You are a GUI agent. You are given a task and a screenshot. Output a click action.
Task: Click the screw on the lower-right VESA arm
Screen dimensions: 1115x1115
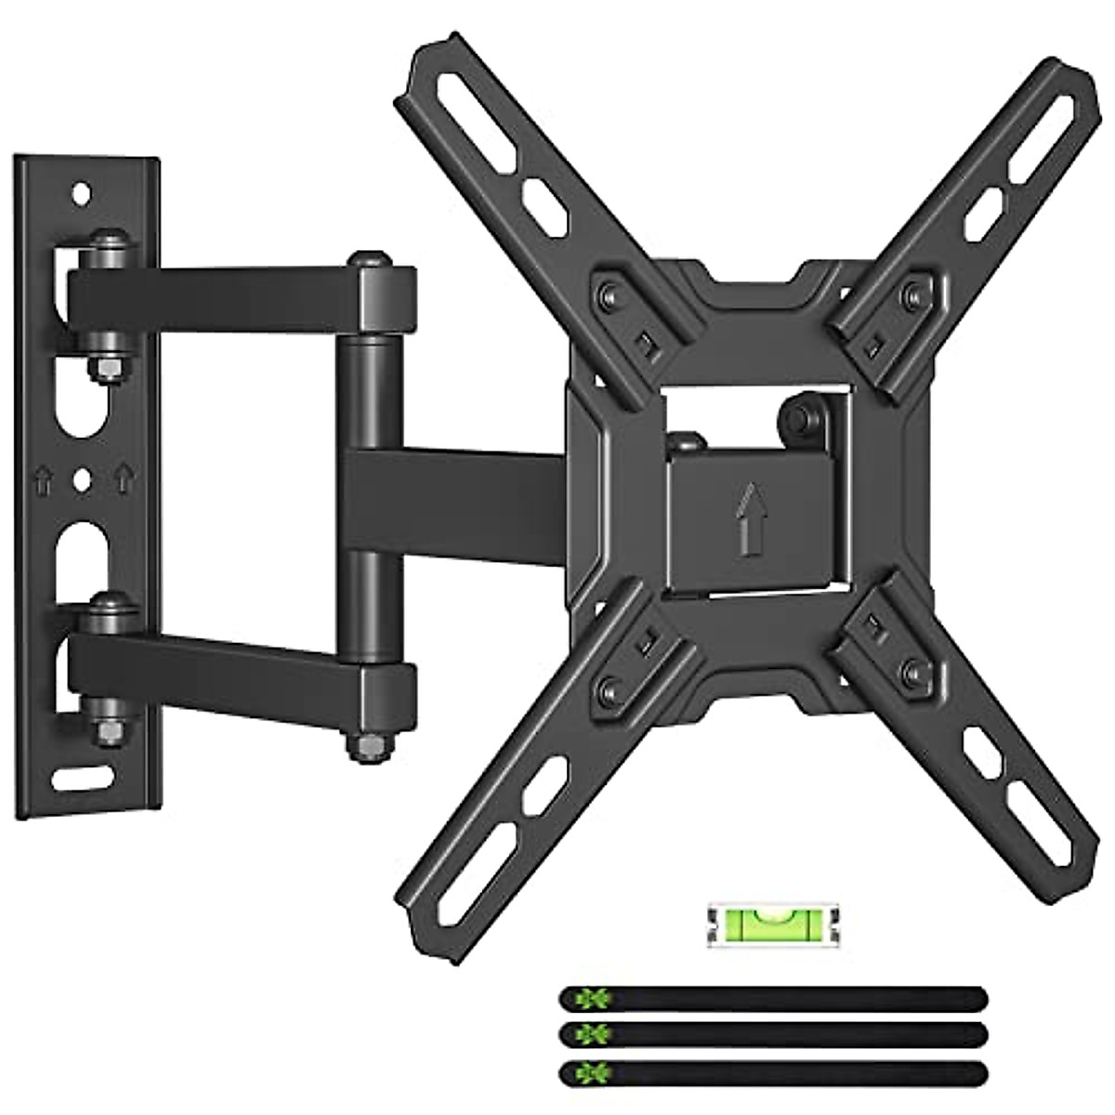click(914, 670)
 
